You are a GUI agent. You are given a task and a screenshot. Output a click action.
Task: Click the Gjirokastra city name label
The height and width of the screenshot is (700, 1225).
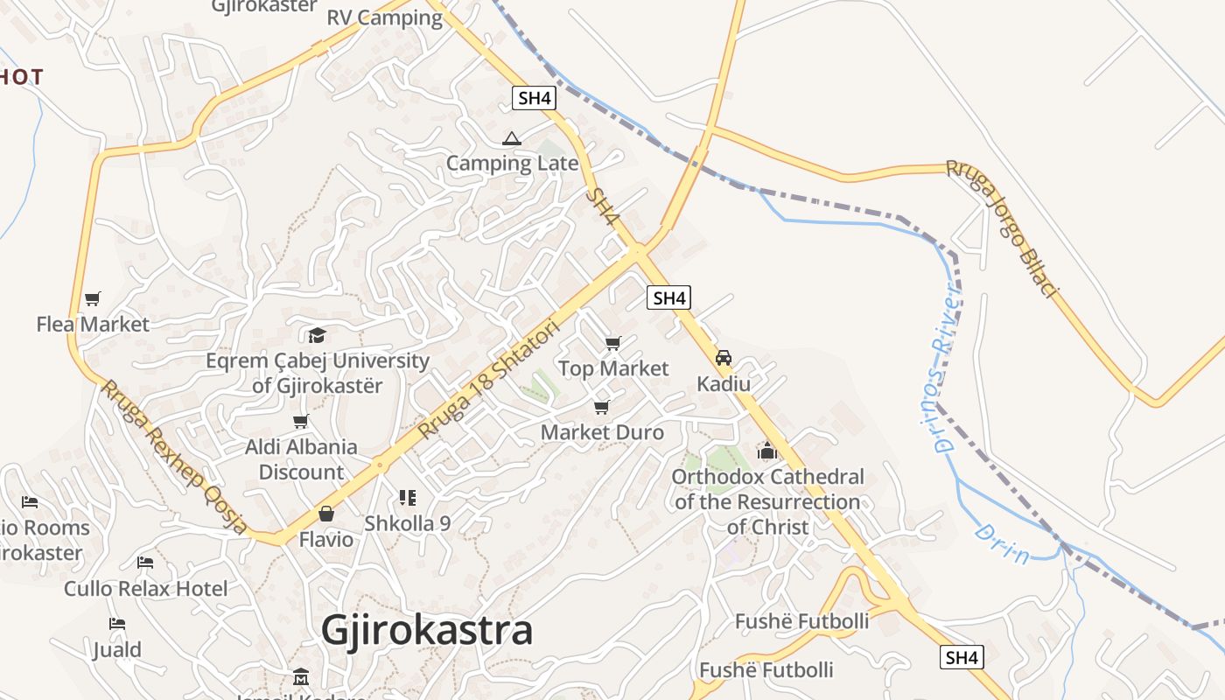[426, 630]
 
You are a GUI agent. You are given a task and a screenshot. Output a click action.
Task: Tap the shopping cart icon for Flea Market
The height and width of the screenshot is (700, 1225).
[93, 298]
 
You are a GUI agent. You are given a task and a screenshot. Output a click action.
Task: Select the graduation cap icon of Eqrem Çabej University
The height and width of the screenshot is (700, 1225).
[317, 335]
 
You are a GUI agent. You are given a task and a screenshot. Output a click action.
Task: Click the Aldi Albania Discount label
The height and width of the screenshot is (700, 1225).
[301, 459]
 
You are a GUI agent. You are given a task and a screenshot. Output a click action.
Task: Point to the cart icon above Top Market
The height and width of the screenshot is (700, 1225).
[613, 343]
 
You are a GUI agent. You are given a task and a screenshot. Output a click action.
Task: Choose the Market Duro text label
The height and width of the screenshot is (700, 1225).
[602, 432]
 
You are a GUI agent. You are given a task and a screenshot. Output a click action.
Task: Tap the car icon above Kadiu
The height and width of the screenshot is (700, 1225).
[724, 358]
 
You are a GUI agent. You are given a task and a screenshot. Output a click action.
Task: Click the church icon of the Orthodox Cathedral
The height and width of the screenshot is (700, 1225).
[767, 451]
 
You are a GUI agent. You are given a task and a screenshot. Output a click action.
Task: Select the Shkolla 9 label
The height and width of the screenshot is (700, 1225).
[407, 523]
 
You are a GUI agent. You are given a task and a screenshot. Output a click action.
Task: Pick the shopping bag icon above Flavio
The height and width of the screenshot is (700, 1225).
[326, 514]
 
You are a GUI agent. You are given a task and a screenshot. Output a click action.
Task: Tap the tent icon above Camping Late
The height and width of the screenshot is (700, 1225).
[512, 138]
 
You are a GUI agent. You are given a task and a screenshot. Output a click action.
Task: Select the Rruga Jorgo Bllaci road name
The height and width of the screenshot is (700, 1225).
[1003, 227]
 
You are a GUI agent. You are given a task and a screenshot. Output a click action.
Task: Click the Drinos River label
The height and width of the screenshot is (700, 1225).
[947, 367]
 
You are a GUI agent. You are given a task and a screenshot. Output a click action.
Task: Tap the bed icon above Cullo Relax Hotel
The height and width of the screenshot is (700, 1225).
[145, 563]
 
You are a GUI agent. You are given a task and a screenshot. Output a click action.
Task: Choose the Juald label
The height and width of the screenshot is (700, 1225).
[117, 650]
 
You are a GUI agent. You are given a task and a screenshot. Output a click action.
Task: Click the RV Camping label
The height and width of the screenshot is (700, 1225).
[385, 17]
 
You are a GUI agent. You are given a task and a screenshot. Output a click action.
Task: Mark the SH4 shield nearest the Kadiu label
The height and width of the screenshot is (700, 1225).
[669, 297]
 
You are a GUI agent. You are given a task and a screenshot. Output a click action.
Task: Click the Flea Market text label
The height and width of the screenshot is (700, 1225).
[93, 325]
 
